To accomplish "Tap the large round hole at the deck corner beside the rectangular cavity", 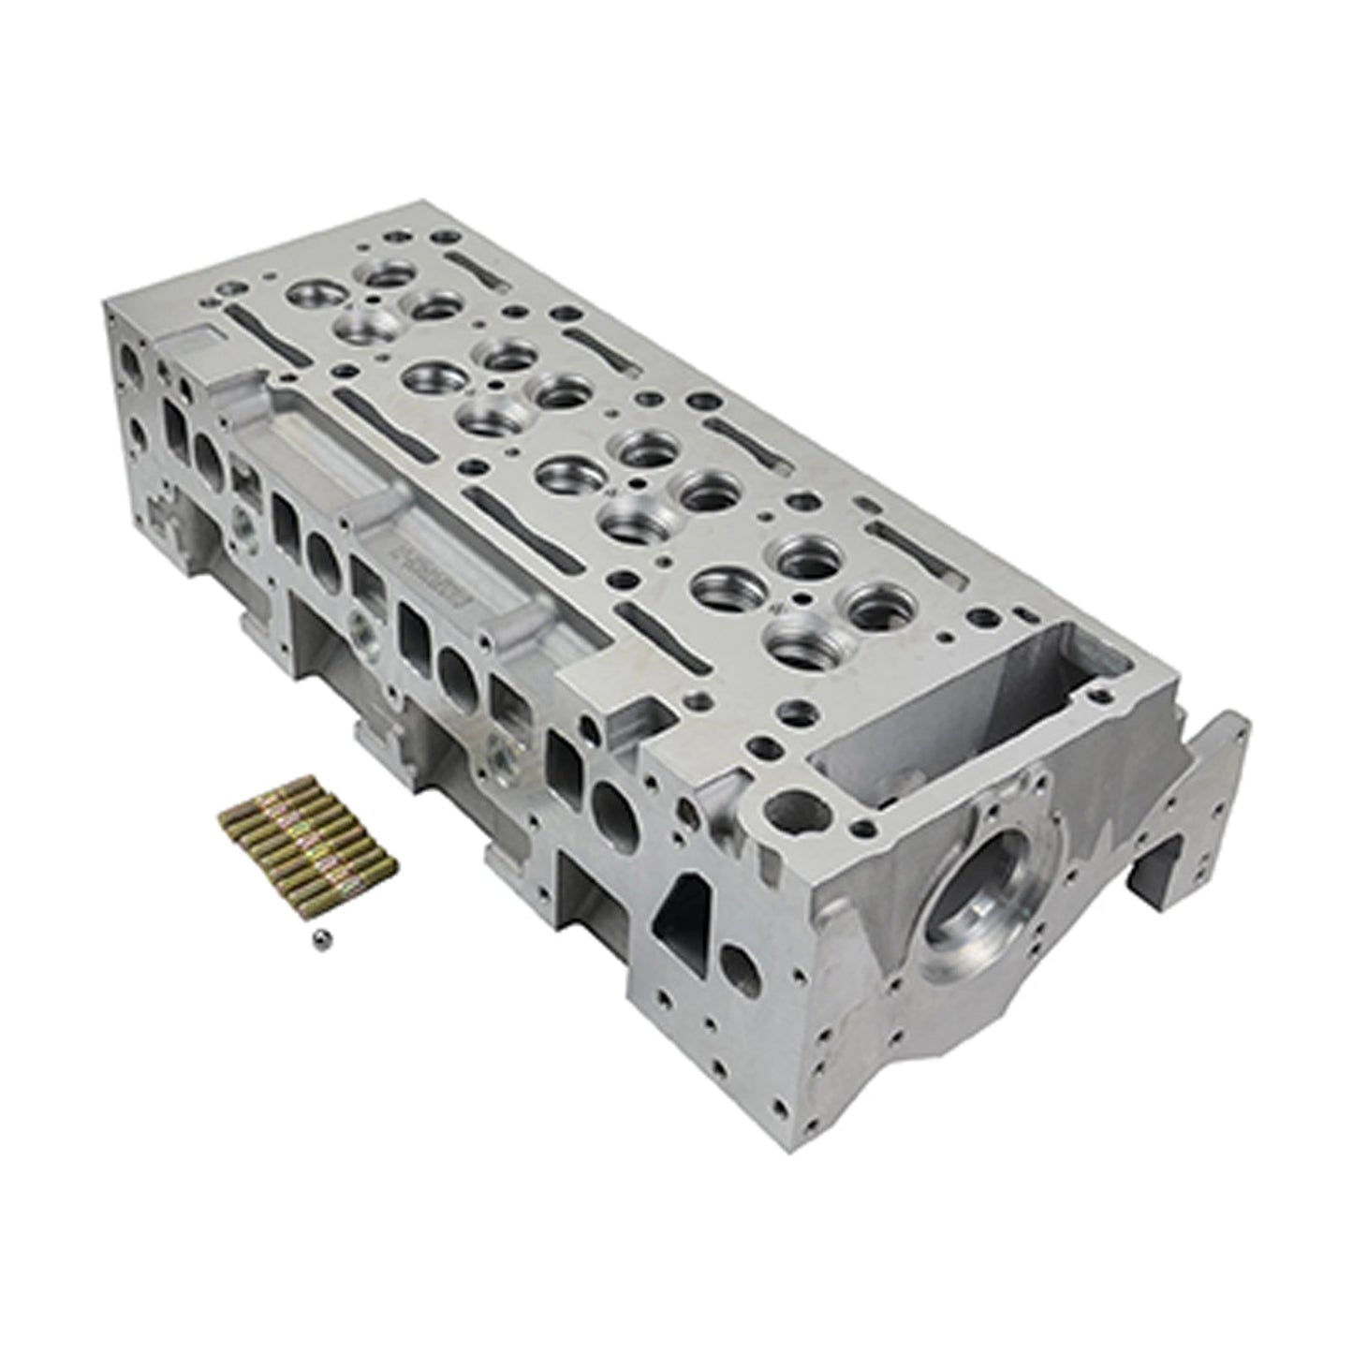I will [791, 804].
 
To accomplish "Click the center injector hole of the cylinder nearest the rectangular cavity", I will [794, 598].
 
